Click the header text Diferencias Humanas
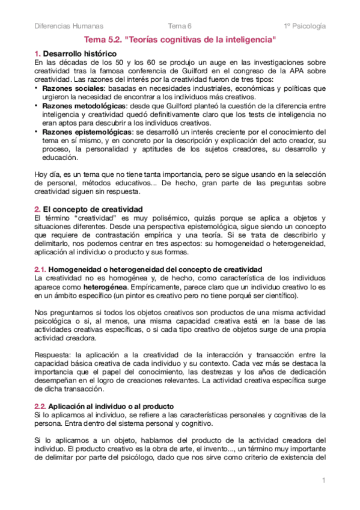[x=69, y=26]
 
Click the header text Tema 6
[x=180, y=26]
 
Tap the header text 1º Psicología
[x=305, y=26]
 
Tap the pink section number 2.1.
[x=39, y=268]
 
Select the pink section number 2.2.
[x=39, y=407]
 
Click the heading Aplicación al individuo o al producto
[x=115, y=407]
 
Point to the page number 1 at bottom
[x=323, y=480]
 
